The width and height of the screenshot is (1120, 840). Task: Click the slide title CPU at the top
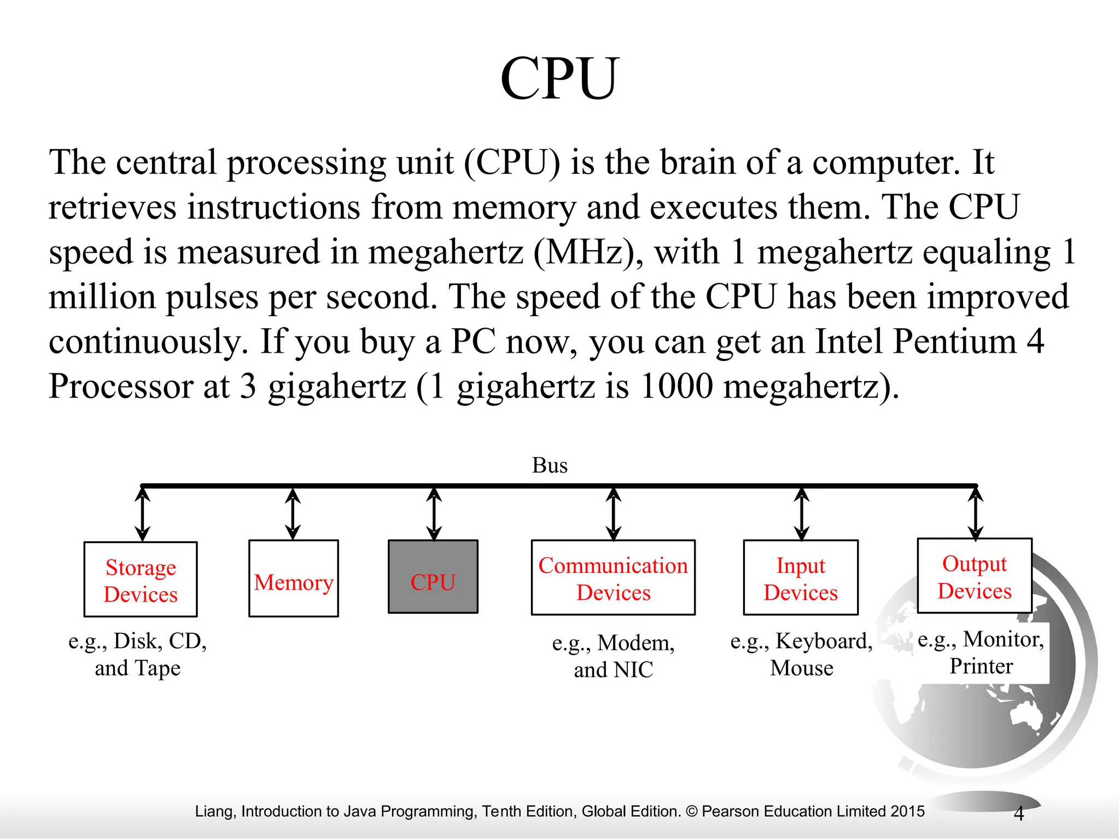coord(559,79)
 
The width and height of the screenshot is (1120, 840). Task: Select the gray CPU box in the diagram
coord(433,577)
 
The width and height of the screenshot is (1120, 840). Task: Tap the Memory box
coord(293,579)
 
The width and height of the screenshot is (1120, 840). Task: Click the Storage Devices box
coord(141,580)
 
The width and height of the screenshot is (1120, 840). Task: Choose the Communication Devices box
coord(613,578)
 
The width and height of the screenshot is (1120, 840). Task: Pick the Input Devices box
coord(801,578)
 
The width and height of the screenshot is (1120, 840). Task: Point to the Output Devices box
coord(975,576)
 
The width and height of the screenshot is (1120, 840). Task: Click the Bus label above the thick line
coord(550,465)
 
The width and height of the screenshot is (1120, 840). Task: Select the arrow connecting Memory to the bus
coord(293,514)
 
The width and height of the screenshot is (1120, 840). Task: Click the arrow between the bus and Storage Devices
coord(143,514)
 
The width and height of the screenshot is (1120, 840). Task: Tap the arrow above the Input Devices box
coord(802,514)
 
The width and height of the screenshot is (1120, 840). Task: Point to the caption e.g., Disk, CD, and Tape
coord(138,654)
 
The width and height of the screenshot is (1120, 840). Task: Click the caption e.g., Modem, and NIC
coord(613,656)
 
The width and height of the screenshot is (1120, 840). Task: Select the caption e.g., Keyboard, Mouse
coord(801,654)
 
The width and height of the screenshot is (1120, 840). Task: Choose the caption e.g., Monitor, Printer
coord(981,652)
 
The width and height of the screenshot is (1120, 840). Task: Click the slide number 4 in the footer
coord(1018,814)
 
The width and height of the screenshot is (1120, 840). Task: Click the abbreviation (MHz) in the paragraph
coord(587,253)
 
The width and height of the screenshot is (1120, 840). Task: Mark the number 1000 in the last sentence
coord(676,387)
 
